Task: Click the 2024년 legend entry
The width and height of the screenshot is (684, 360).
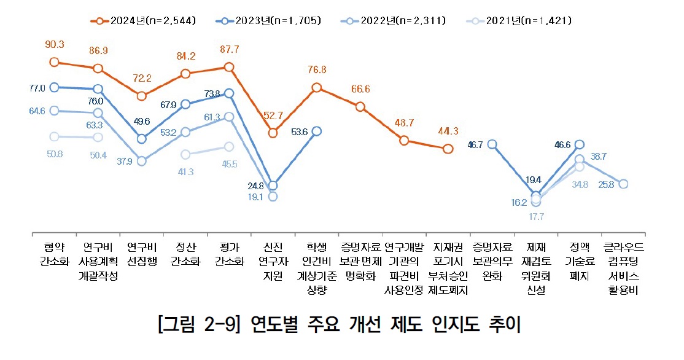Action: [x=144, y=21]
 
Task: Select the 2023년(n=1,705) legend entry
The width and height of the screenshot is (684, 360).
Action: [x=268, y=21]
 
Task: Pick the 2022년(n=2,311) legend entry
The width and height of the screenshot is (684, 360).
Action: [x=393, y=21]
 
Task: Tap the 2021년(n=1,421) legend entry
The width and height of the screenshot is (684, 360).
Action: [x=519, y=21]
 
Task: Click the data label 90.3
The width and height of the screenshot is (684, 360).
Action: [x=55, y=45]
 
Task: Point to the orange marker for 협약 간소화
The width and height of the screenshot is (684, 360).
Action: [x=55, y=61]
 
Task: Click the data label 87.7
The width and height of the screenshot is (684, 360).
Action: [x=229, y=49]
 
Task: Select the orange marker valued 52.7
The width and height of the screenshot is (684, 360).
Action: [x=273, y=132]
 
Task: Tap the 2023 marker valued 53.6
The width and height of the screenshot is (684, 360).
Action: [x=317, y=131]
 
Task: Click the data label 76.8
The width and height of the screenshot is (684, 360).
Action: [x=317, y=70]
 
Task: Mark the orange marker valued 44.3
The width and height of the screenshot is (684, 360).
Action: [x=448, y=149]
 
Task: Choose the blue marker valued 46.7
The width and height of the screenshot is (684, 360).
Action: [x=492, y=145]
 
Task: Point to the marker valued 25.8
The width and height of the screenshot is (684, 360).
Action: [x=623, y=184]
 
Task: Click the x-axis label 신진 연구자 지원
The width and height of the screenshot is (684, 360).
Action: [x=273, y=262]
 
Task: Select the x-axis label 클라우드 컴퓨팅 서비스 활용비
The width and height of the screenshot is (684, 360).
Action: [x=623, y=268]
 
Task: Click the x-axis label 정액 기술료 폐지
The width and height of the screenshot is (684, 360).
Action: [x=579, y=262]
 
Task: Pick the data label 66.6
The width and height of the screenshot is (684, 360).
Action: [x=360, y=89]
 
